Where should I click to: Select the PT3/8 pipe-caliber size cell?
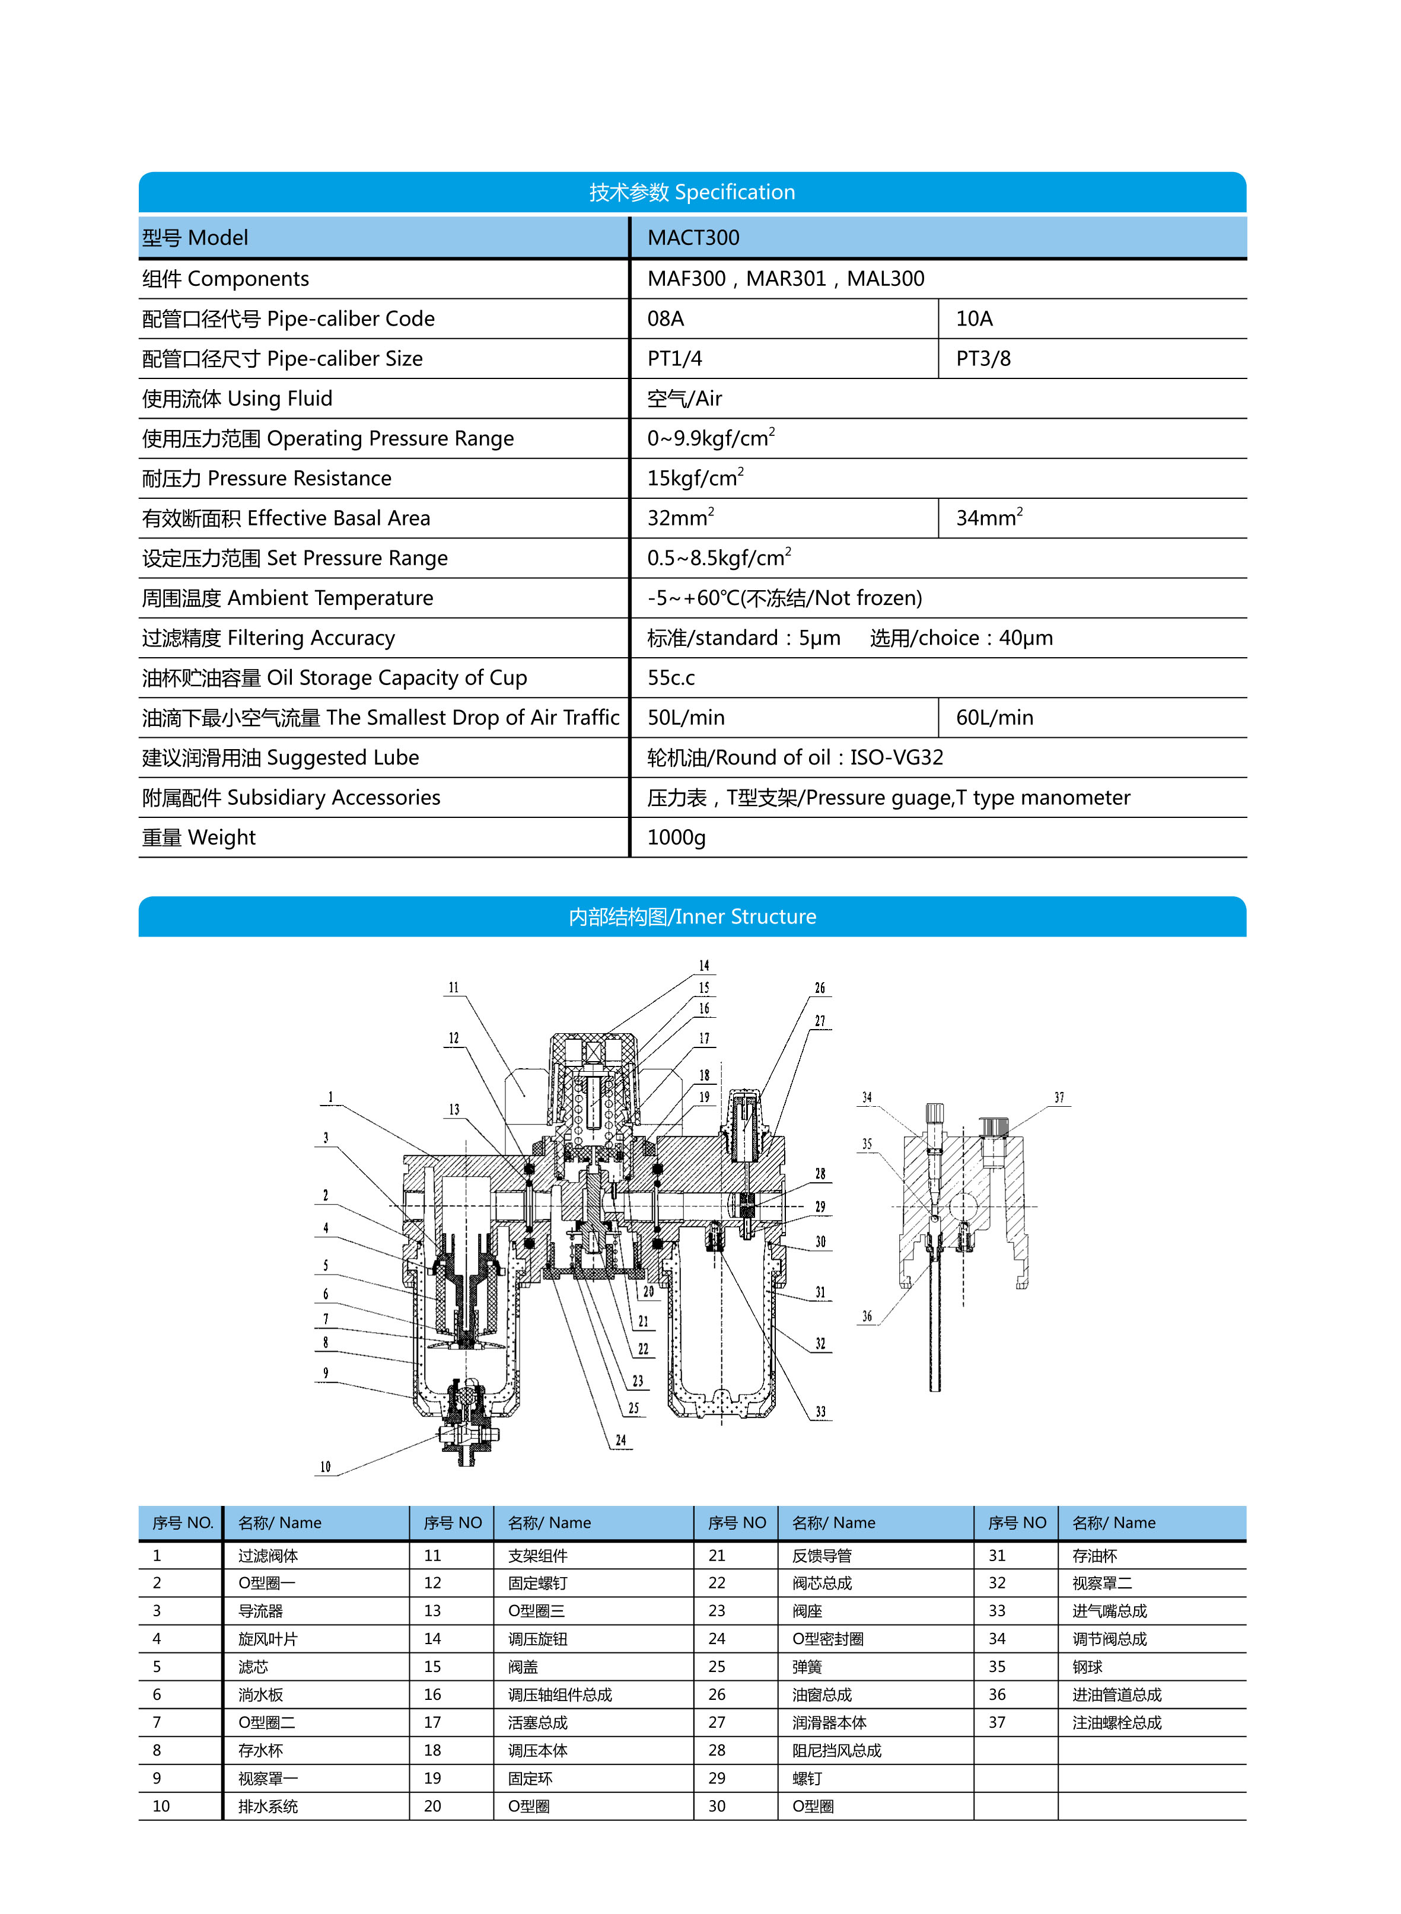pos(983,359)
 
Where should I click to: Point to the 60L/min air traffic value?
pos(994,718)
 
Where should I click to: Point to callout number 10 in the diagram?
pos(326,1466)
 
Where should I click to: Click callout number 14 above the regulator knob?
pos(704,966)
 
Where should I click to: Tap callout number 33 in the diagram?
pos(820,1412)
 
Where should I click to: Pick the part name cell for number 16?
pos(560,1695)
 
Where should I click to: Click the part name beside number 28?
pos(836,1750)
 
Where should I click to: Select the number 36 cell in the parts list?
pos(997,1695)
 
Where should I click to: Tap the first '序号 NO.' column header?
pos(182,1523)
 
